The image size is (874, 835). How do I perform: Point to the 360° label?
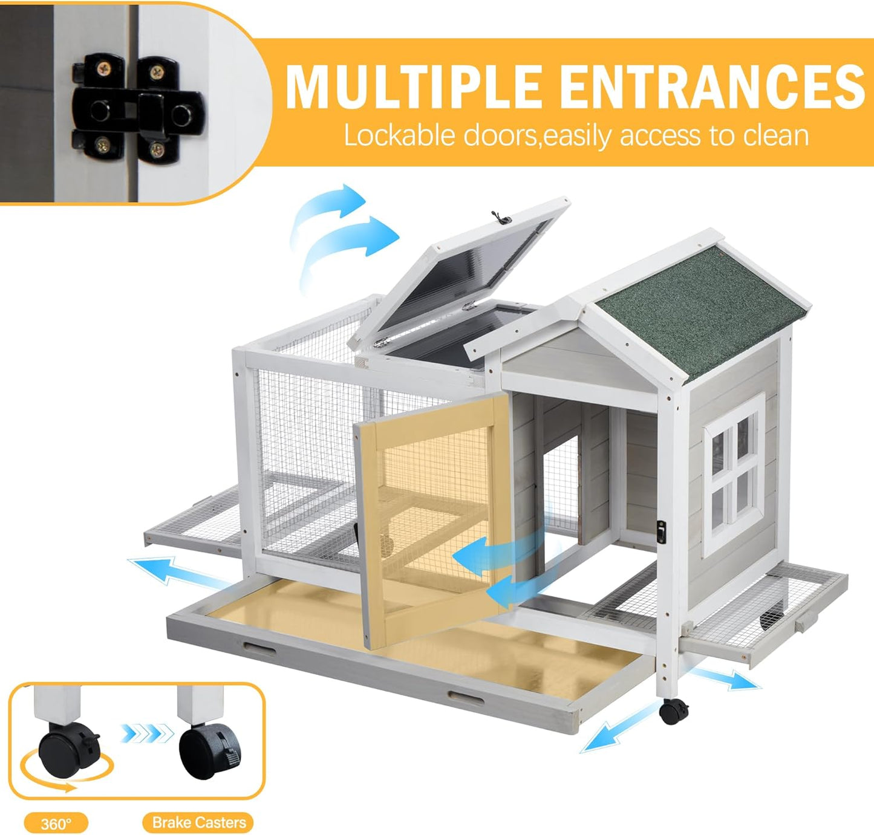[56, 824]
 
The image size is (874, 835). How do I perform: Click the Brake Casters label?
[198, 822]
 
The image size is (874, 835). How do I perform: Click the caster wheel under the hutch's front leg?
[673, 711]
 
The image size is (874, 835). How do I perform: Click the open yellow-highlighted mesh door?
[432, 520]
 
